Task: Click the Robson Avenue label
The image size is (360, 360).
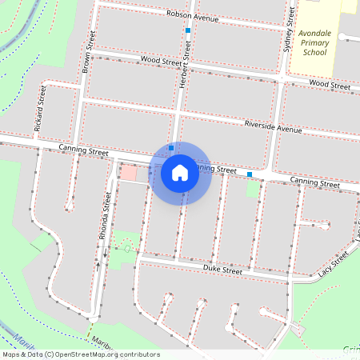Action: (x=193, y=15)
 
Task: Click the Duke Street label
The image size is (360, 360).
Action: (x=222, y=271)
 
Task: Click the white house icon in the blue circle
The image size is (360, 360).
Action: (x=180, y=173)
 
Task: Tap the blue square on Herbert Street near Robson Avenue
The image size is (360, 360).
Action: (x=188, y=30)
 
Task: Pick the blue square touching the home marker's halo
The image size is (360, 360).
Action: (x=171, y=147)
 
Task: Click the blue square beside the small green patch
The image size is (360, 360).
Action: (x=250, y=174)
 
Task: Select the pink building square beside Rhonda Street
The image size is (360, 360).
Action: (x=128, y=173)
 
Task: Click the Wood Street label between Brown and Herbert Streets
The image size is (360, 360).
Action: (x=161, y=60)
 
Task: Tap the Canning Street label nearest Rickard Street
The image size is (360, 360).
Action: (x=84, y=150)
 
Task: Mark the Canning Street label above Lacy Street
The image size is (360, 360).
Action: (x=315, y=182)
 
